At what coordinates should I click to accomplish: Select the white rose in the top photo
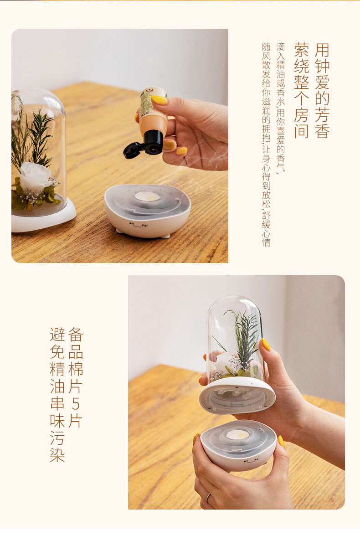pyautogui.click(x=35, y=176)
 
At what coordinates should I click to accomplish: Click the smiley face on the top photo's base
pyautogui.click(x=138, y=224)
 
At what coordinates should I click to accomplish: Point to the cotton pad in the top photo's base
pyautogui.click(x=147, y=196)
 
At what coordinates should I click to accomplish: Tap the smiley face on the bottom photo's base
pyautogui.click(x=251, y=461)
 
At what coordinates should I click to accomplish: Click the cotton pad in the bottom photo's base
pyautogui.click(x=237, y=434)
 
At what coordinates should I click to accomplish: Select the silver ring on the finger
pyautogui.click(x=208, y=498)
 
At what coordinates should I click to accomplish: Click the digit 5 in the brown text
pyautogui.click(x=76, y=403)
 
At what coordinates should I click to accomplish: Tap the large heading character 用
pyautogui.click(x=322, y=50)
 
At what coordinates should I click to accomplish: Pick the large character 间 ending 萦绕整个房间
pyautogui.click(x=301, y=131)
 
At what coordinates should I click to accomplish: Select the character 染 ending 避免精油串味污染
pyautogui.click(x=57, y=455)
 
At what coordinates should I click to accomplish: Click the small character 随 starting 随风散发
pyautogui.click(x=266, y=47)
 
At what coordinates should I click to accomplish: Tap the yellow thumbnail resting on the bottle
pyautogui.click(x=159, y=99)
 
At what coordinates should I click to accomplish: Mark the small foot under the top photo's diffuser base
pyautogui.click(x=165, y=236)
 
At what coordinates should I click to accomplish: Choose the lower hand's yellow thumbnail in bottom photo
pyautogui.click(x=281, y=441)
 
